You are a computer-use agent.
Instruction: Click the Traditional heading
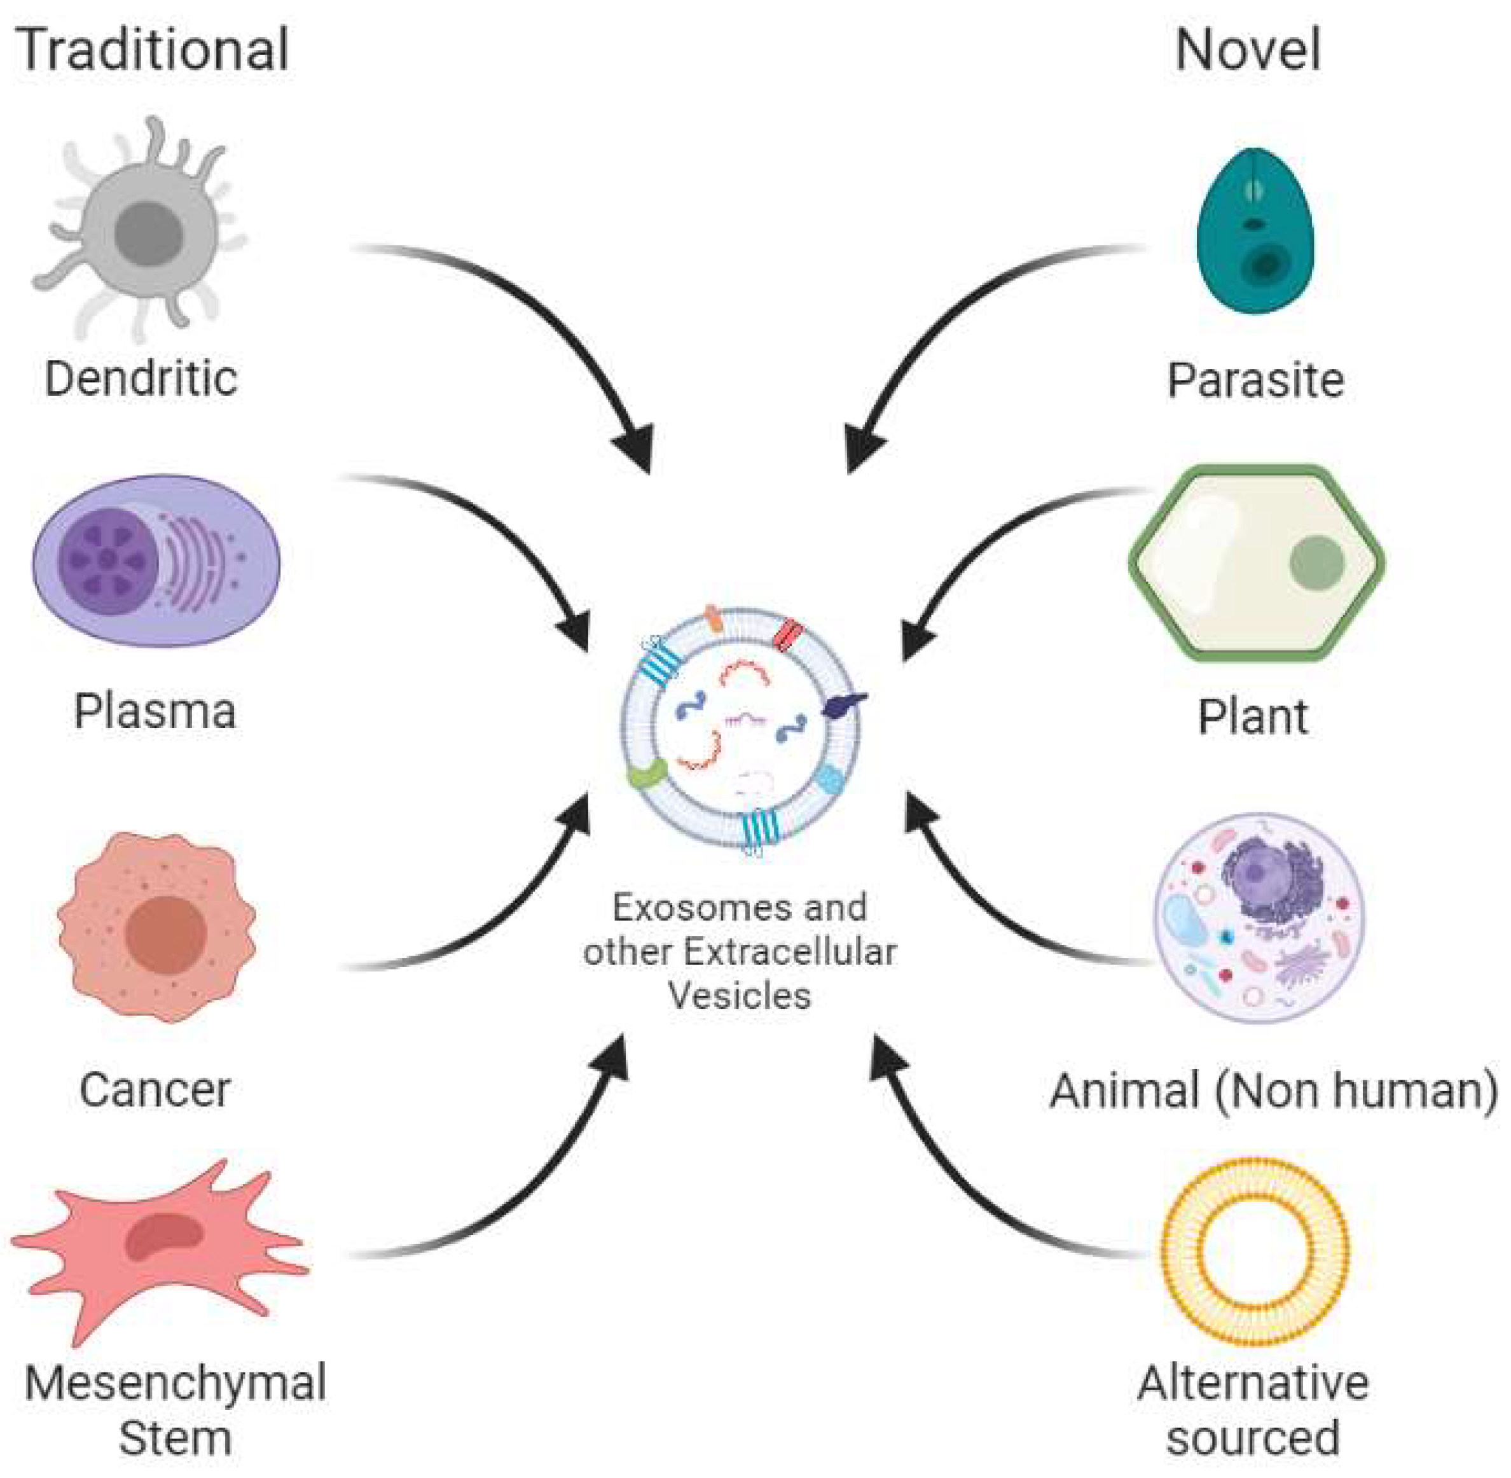click(153, 49)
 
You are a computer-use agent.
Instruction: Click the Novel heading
click(1247, 49)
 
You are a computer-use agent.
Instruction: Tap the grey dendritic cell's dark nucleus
click(148, 233)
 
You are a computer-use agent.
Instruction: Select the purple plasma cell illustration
click(156, 561)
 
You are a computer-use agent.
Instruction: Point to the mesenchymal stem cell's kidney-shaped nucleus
click(163, 1234)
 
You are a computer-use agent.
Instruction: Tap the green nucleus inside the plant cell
click(1316, 561)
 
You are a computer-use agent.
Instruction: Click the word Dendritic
click(141, 379)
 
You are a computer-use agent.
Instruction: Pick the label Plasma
click(155, 711)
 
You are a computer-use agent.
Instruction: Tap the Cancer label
click(155, 1089)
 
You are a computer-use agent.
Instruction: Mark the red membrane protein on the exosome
click(789, 634)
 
